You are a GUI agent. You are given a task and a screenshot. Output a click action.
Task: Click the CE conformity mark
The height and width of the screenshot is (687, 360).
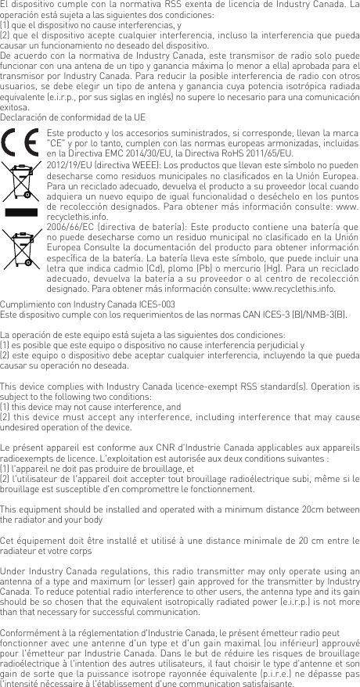23,144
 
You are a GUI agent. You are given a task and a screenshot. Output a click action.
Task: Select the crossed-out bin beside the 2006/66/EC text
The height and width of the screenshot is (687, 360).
23,249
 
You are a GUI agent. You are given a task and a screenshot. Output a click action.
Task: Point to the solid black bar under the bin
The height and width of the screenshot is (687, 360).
23,212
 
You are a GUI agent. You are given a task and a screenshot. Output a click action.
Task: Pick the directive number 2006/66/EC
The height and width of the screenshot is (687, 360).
69,227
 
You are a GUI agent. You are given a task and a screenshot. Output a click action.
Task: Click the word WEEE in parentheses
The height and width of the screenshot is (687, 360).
136,167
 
